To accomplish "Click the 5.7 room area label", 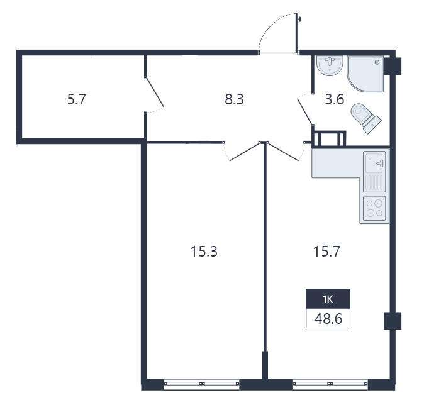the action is pyautogui.click(x=77, y=99).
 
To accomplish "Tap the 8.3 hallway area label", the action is pyautogui.click(x=234, y=99).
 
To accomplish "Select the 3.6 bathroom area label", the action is pyautogui.click(x=335, y=99).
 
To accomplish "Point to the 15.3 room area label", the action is pyautogui.click(x=204, y=252).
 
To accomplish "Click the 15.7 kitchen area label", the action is pyautogui.click(x=326, y=252).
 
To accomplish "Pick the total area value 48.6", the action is pyautogui.click(x=328, y=318).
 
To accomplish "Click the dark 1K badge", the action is pyautogui.click(x=328, y=299).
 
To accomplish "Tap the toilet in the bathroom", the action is pyautogui.click(x=366, y=118).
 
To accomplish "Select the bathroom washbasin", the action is pyautogui.click(x=330, y=65).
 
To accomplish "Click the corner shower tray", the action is pyautogui.click(x=365, y=74).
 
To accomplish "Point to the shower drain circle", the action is pyautogui.click(x=377, y=62).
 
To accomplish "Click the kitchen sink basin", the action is pyautogui.click(x=374, y=163).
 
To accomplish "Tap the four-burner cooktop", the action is pyautogui.click(x=374, y=209).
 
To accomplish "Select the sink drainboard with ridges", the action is pyautogui.click(x=374, y=183).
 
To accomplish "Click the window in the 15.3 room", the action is pyautogui.click(x=201, y=384).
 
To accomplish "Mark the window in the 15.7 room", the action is pyautogui.click(x=330, y=384).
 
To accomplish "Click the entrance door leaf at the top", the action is pyautogui.click(x=296, y=33).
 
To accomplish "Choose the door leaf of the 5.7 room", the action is pyautogui.click(x=155, y=92).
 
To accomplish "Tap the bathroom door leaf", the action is pyautogui.click(x=305, y=112).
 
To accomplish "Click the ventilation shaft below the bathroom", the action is pyautogui.click(x=329, y=139).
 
